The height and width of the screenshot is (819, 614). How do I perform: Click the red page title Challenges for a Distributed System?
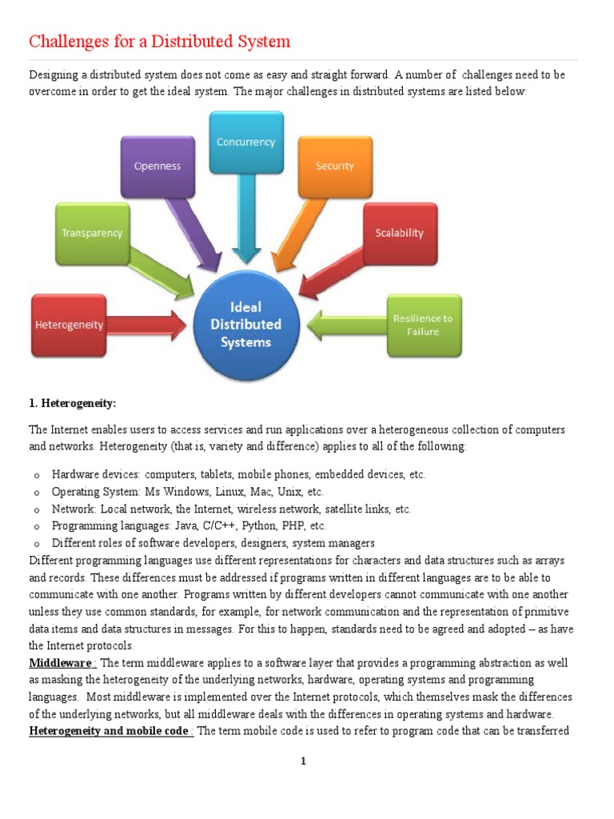point(160,42)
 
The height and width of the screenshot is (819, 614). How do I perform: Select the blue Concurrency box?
point(245,142)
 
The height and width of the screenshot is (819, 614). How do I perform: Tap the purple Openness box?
point(157,166)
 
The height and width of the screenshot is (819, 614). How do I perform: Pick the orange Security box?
point(334,166)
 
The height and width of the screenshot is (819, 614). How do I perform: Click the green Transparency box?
point(92,234)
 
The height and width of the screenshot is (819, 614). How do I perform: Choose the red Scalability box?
point(400,234)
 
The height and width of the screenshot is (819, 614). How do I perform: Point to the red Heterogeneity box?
point(68,326)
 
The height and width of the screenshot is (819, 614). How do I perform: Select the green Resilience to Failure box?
point(423,325)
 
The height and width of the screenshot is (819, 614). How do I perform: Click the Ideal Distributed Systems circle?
point(246,325)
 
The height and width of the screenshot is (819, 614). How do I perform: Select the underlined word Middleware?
point(62,663)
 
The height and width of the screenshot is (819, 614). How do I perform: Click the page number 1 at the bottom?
point(304,761)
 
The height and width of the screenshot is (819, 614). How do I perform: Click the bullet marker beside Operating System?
point(37,492)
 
